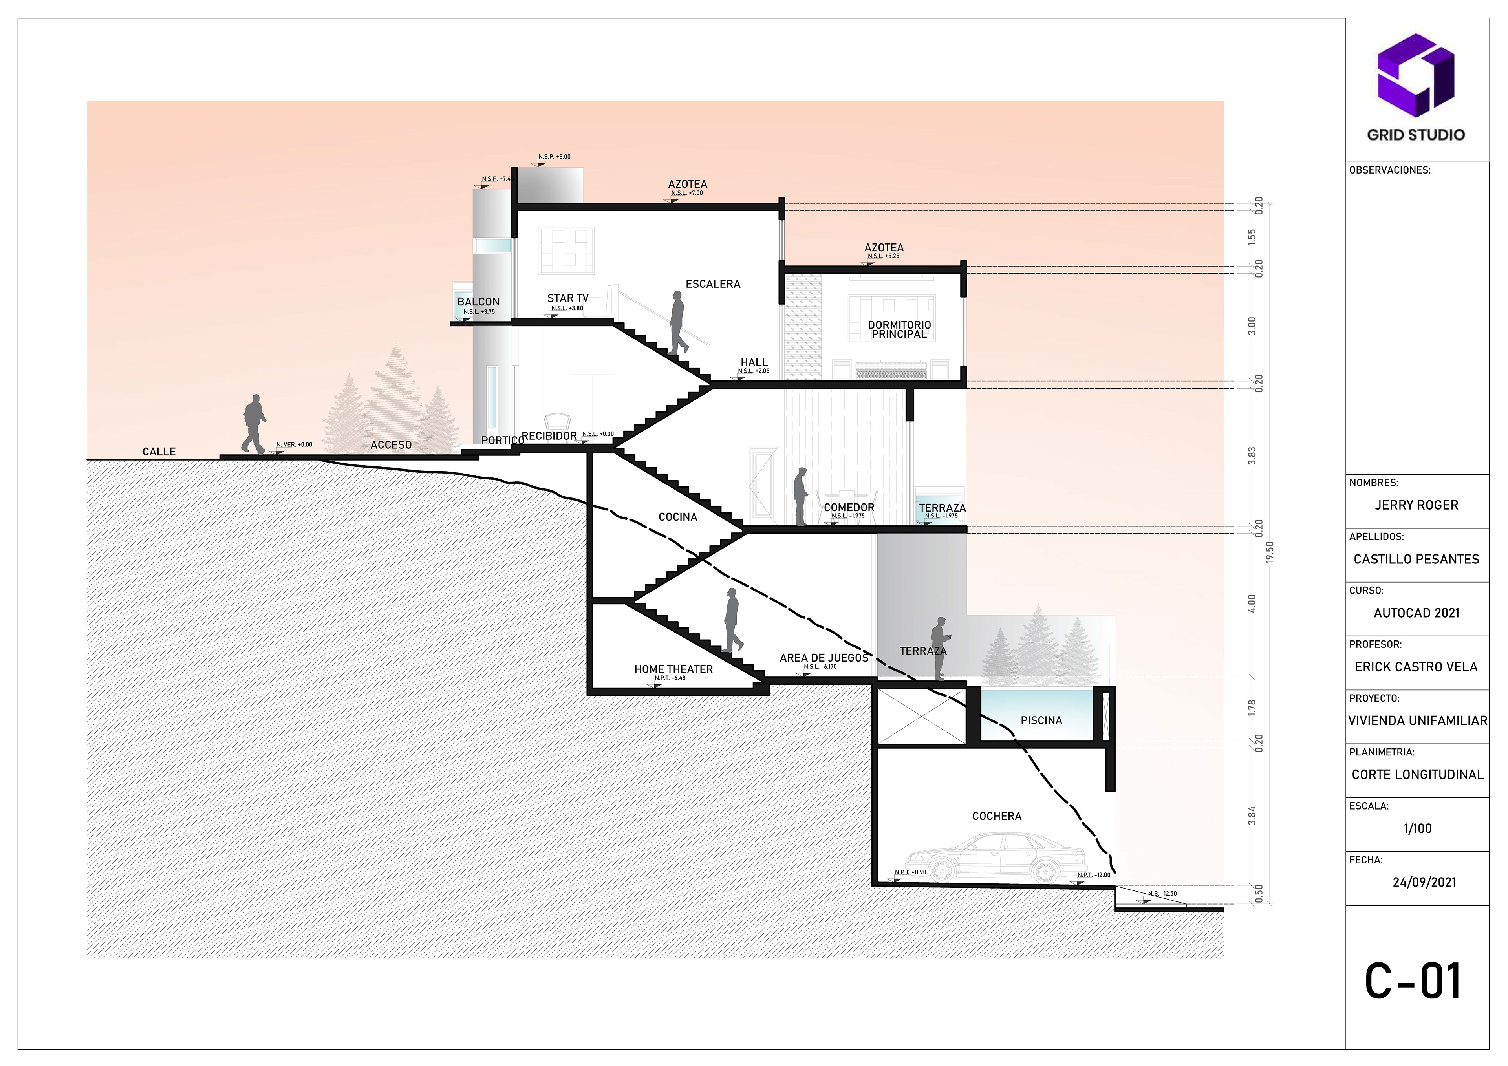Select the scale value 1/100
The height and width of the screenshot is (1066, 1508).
(x=1417, y=828)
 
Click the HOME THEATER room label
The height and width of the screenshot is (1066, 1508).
(x=673, y=669)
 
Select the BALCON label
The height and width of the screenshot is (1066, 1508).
(x=478, y=302)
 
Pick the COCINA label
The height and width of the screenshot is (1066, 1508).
(x=678, y=517)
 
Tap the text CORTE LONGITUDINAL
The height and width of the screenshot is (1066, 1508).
(x=1417, y=774)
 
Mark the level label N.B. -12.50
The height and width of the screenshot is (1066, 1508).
(x=1162, y=893)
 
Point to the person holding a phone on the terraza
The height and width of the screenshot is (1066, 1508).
(x=940, y=647)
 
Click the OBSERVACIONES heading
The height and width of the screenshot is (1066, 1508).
(x=1389, y=170)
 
